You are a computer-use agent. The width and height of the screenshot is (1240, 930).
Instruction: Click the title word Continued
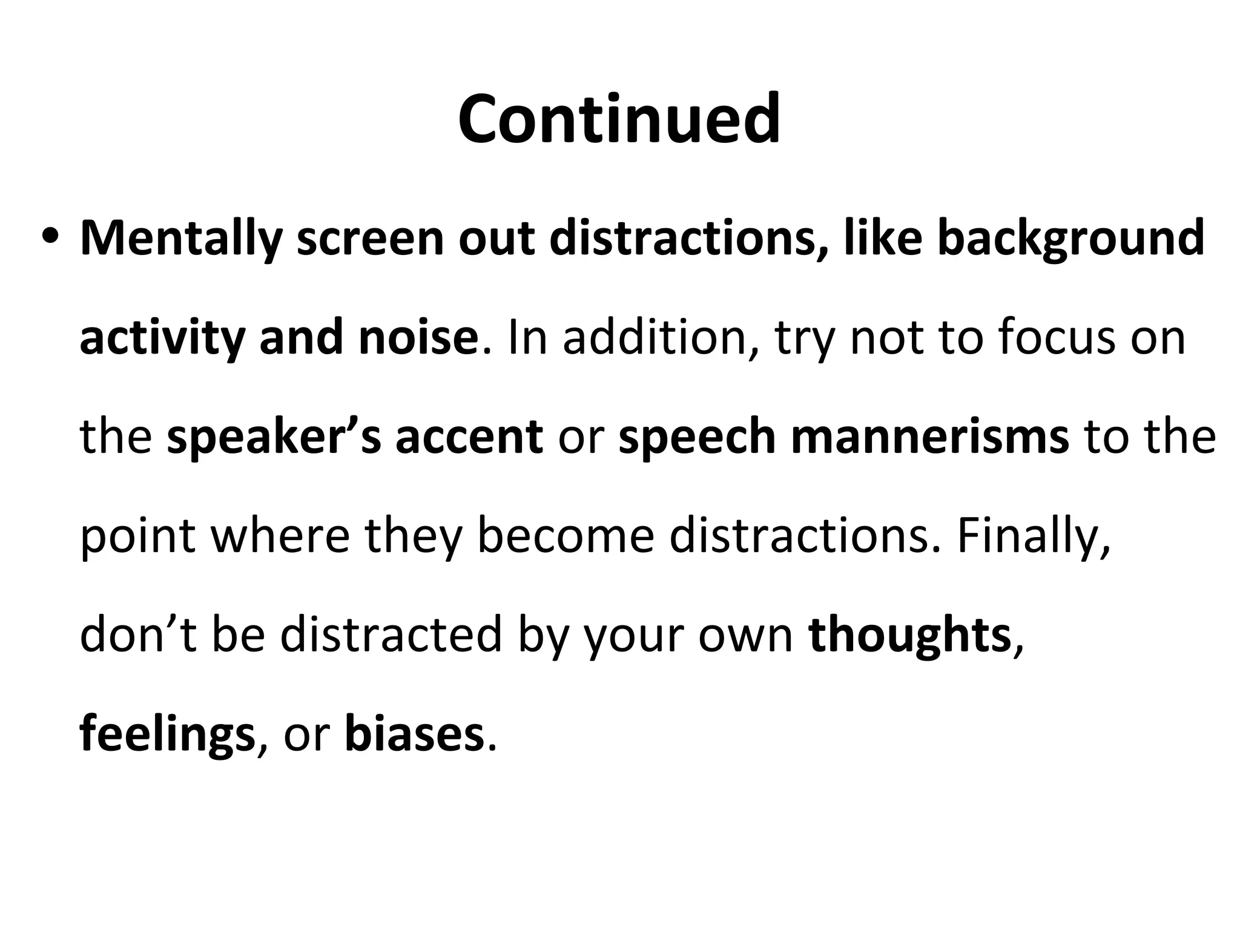point(619,119)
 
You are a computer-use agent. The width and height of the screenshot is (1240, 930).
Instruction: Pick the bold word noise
point(418,337)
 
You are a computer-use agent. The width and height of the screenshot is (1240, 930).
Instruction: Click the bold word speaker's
point(274,437)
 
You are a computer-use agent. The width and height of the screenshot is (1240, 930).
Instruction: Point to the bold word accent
point(469,437)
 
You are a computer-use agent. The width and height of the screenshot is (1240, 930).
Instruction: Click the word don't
point(139,635)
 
